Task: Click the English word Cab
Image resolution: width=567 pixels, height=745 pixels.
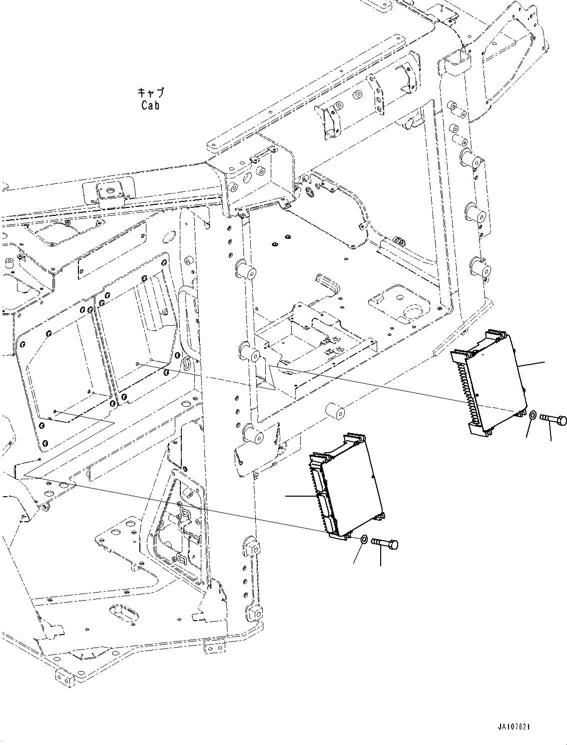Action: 150,105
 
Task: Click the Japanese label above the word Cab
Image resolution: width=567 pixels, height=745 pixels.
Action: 150,93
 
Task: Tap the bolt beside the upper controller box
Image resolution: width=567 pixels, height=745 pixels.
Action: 553,420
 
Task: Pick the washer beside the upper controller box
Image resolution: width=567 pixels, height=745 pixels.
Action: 533,415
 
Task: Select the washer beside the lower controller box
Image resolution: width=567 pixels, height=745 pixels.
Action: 364,540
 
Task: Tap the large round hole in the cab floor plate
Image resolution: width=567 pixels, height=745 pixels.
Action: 411,313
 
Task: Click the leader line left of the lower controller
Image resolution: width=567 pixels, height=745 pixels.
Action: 299,496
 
